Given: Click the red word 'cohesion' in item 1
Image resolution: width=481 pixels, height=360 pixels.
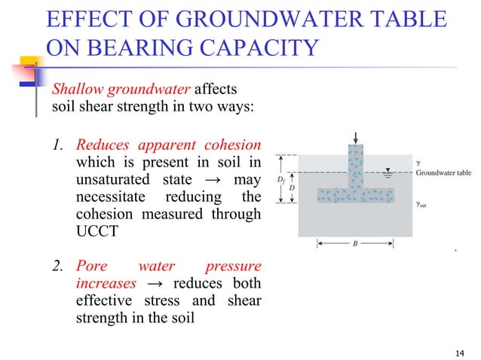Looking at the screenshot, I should (x=234, y=144).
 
